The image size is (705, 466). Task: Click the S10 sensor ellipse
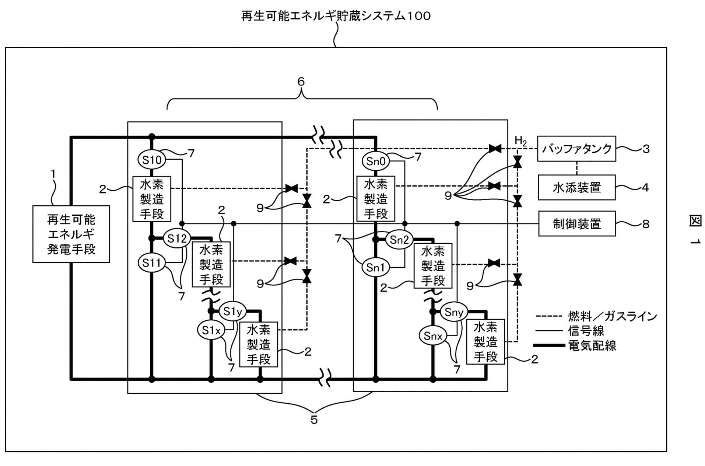(x=152, y=160)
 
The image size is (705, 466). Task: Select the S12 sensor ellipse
(x=177, y=239)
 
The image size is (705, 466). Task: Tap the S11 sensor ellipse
(x=151, y=263)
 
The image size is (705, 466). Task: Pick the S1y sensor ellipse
(x=233, y=312)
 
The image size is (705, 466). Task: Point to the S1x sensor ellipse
(x=211, y=330)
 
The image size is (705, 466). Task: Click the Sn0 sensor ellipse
(x=376, y=161)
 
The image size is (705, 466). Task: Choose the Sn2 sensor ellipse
(x=399, y=240)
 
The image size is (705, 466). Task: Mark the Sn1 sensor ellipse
(x=375, y=267)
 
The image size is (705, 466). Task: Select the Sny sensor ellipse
(x=454, y=312)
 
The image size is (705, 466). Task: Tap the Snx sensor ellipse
(x=433, y=336)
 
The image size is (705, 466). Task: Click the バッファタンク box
(x=576, y=149)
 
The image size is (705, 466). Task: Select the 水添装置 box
(x=576, y=188)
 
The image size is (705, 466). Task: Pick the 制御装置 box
(x=577, y=223)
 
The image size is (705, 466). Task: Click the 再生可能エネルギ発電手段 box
(x=71, y=234)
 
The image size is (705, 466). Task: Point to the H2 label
(x=520, y=140)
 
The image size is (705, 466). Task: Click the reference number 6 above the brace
(x=301, y=81)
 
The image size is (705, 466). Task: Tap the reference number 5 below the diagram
(x=314, y=420)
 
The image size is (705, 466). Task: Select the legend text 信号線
(x=586, y=331)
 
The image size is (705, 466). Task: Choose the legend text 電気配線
(x=592, y=345)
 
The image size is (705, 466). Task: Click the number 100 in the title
(x=417, y=16)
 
